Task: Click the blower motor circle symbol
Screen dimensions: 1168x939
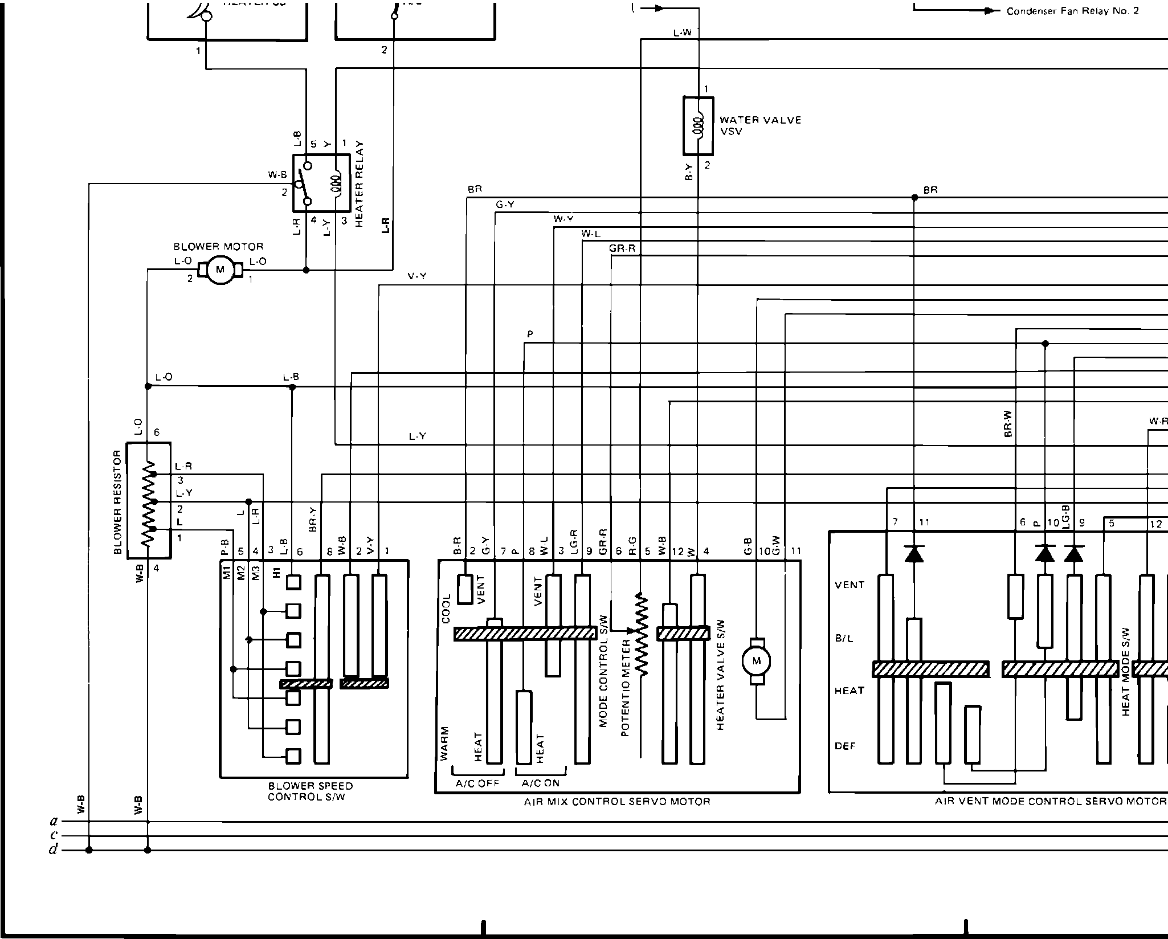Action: click(220, 270)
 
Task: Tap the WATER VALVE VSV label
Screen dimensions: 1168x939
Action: click(760, 125)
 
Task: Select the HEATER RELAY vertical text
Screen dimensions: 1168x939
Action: click(359, 184)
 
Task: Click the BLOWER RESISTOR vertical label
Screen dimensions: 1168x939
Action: click(118, 501)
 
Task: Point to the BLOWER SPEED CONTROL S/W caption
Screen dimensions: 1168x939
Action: click(310, 791)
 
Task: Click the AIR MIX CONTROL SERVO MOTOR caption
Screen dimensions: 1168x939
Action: click(617, 802)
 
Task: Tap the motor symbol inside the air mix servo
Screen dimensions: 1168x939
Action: click(756, 661)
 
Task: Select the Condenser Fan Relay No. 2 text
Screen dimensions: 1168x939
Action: click(1072, 11)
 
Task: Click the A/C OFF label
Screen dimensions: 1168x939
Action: click(477, 783)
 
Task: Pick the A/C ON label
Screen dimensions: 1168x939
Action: click(541, 783)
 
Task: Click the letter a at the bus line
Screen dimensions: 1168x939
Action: click(54, 822)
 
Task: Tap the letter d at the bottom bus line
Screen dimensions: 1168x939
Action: click(54, 851)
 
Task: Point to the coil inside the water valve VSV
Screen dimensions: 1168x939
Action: click(699, 126)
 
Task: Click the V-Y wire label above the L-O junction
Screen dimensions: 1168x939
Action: click(417, 276)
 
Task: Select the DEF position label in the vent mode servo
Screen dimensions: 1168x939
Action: click(846, 746)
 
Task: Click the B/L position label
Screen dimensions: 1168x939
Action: click(844, 638)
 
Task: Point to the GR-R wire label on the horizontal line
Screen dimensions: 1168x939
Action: click(622, 248)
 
